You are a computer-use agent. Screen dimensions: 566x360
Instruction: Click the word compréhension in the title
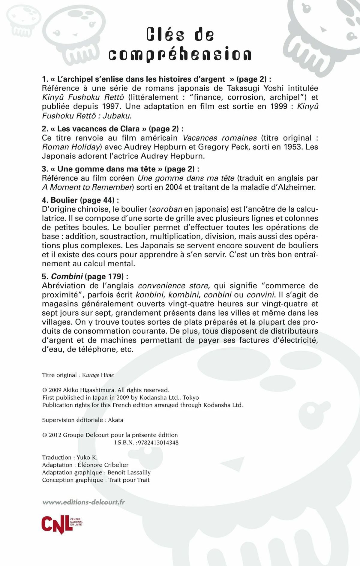point(180,54)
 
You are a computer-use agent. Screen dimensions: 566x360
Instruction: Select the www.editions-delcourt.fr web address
point(84,502)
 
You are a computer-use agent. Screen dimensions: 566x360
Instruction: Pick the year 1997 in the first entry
point(112,106)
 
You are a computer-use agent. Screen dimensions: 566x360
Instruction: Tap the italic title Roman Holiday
point(71,147)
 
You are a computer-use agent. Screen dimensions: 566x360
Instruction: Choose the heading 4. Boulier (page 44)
point(80,200)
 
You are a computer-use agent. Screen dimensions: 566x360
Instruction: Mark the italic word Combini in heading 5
point(67,276)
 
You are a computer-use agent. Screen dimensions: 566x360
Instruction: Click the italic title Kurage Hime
point(98,375)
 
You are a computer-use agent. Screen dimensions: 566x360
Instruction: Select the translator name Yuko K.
point(87,457)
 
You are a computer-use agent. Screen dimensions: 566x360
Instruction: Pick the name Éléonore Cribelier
point(103,465)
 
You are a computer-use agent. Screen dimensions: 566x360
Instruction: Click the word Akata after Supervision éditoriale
point(115,420)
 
